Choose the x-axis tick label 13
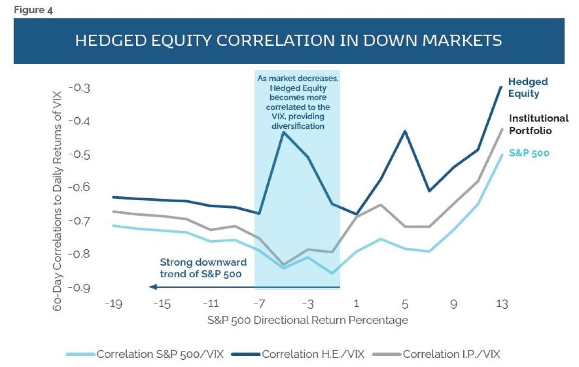point(502,304)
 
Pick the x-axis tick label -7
point(259,304)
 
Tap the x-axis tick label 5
point(405,304)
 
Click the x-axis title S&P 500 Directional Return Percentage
point(308,320)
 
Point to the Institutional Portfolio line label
point(539,124)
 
